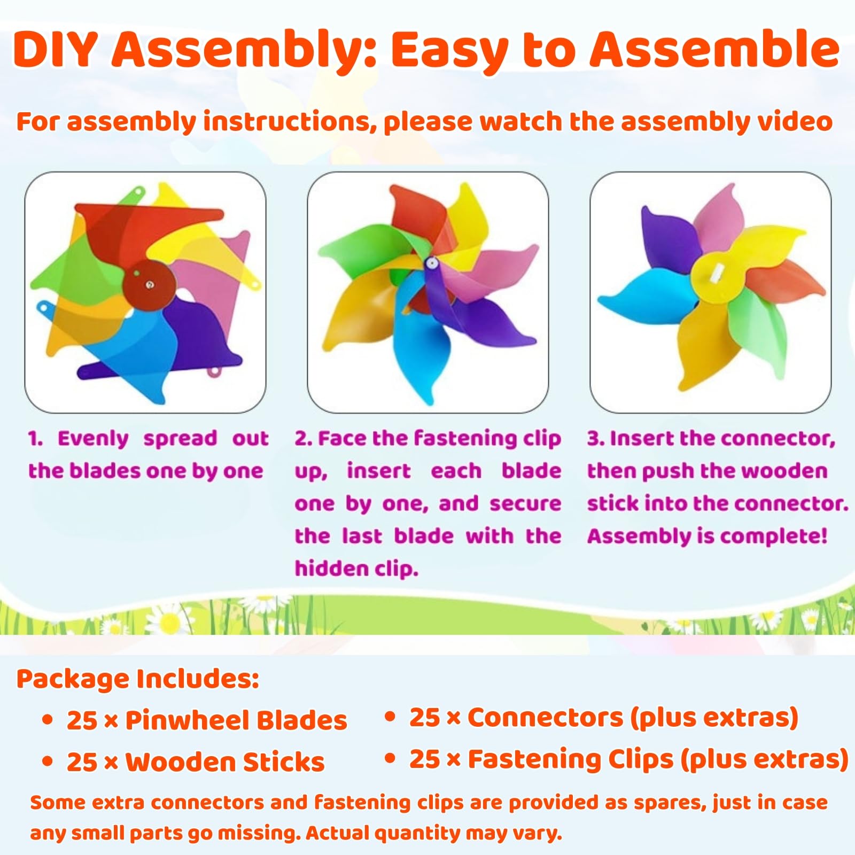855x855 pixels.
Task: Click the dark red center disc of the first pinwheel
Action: point(149,285)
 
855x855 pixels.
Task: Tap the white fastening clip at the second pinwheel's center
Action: point(431,263)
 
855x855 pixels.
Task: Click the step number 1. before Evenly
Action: point(35,439)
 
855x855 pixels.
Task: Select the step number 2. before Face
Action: point(303,439)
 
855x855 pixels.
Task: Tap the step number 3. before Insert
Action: point(595,439)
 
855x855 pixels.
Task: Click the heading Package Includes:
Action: point(138,679)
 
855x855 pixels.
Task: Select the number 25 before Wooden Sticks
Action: point(82,762)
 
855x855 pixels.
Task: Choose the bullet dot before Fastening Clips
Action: point(391,758)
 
